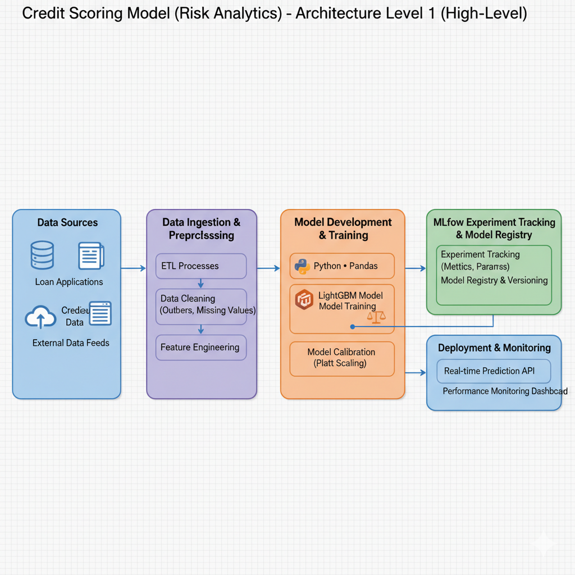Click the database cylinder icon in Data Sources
(42, 255)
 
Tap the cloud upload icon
(40, 318)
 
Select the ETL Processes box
(200, 266)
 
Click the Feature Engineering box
(200, 348)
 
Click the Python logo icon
(302, 266)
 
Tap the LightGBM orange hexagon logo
(304, 299)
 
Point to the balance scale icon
(376, 316)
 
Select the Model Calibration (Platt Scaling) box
(341, 358)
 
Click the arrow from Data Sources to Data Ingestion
(134, 268)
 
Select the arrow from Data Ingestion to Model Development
(268, 268)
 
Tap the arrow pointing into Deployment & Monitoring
(416, 372)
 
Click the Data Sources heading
(67, 223)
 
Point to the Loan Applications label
(69, 282)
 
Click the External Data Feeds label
(71, 343)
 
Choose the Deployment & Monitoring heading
(494, 348)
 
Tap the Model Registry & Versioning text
(494, 280)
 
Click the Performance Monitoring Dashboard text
(505, 391)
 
